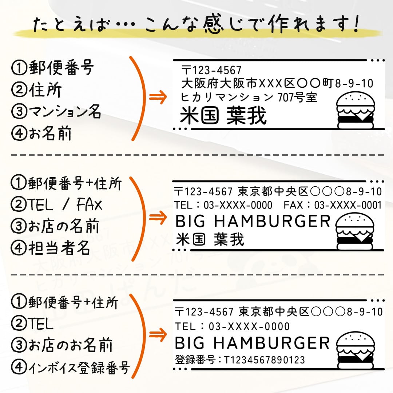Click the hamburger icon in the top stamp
[355, 111]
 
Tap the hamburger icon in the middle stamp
[355, 231]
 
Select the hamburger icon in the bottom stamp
[355, 350]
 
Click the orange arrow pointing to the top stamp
[157, 97]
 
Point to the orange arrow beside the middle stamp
[157, 217]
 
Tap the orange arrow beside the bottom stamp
[157, 334]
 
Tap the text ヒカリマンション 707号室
[249, 98]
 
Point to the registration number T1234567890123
[264, 360]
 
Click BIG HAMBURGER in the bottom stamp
[252, 343]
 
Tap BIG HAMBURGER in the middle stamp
[253, 221]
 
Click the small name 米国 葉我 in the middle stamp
[210, 239]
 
